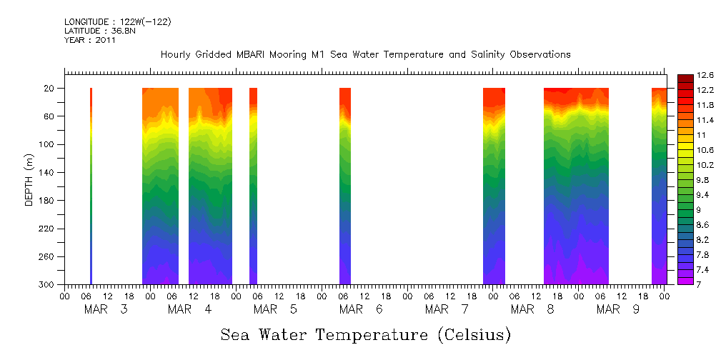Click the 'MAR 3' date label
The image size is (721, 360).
point(106,309)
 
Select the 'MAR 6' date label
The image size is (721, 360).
point(361,309)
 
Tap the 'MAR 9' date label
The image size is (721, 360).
point(618,309)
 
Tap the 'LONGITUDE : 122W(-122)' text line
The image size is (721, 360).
point(117,22)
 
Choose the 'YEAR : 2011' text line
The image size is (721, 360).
point(90,40)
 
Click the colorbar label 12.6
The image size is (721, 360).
point(706,75)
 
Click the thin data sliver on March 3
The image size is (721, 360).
point(91,186)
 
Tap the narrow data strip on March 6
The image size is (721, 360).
point(345,186)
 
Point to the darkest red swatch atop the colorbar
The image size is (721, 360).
point(685,77)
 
